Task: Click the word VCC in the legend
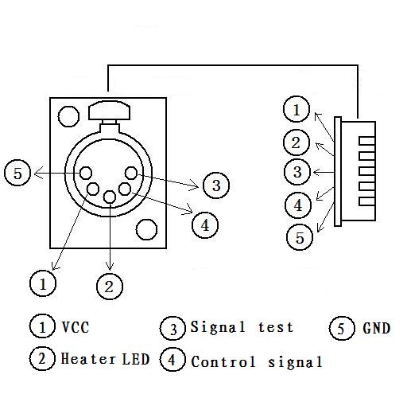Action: tap(76, 327)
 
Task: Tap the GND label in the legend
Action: tap(377, 328)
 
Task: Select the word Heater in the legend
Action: tap(88, 358)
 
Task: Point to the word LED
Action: tap(136, 359)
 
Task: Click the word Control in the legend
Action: tap(223, 361)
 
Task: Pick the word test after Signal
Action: tap(276, 327)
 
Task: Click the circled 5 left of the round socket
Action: tap(17, 173)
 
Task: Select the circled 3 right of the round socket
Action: tap(216, 185)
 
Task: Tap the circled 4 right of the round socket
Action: tap(205, 225)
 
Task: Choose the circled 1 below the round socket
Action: tap(43, 283)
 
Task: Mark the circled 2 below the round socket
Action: tap(110, 287)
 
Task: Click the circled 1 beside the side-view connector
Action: tap(297, 109)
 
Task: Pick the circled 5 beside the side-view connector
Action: tap(300, 237)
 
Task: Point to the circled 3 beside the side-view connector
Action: tap(297, 172)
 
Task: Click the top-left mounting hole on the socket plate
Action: tap(68, 116)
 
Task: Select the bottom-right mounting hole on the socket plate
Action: tap(146, 229)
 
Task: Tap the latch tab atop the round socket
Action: tap(109, 110)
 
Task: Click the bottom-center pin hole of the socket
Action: tap(110, 197)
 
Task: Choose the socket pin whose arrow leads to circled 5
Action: tap(86, 173)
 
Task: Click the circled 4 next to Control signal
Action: tap(172, 360)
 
